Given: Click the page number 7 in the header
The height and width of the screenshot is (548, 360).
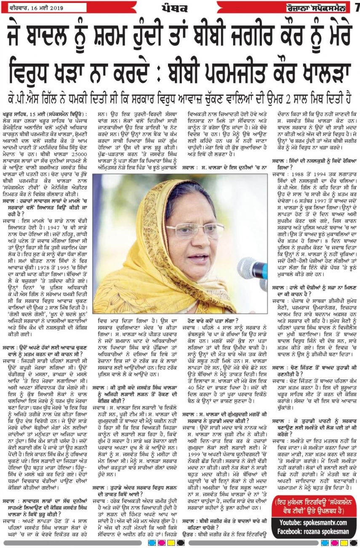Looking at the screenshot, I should pyautogui.click(x=356, y=8).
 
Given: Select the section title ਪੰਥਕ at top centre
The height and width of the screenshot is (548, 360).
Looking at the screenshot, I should pyautogui.click(x=174, y=8).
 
